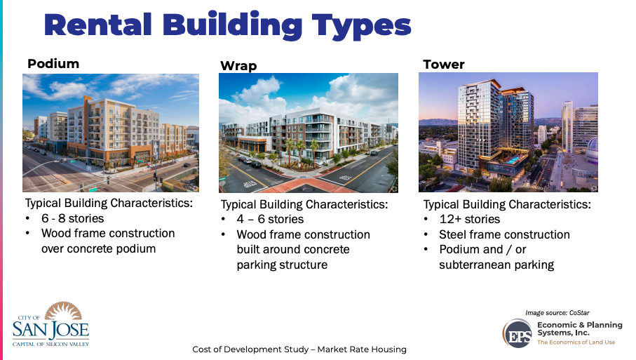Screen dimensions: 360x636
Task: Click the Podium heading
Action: (x=53, y=64)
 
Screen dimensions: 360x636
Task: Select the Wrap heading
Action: (x=238, y=66)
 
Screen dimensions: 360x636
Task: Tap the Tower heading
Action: (x=443, y=65)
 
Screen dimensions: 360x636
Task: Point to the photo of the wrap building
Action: (x=308, y=133)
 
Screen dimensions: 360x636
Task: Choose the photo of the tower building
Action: (x=508, y=132)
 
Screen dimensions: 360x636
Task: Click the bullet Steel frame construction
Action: (x=504, y=234)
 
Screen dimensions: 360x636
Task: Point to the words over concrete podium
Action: (x=97, y=248)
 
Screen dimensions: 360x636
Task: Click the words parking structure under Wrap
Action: (x=282, y=265)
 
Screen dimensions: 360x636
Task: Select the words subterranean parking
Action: (x=496, y=265)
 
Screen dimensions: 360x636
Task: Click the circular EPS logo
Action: (x=517, y=332)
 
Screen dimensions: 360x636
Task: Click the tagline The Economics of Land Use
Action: (x=576, y=342)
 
